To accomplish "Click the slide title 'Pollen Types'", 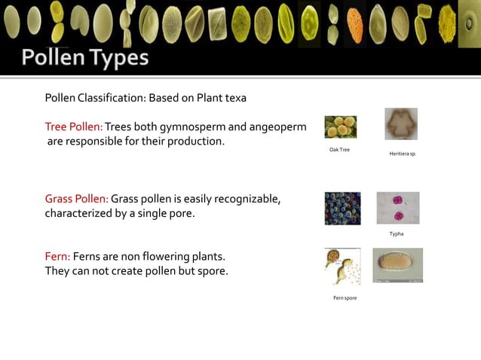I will pos(84,58).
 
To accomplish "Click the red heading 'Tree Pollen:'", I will pos(74,127).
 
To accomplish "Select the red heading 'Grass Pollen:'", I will pos(77,199).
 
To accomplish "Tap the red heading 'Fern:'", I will pos(57,256).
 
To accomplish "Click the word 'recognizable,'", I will pos(248,199).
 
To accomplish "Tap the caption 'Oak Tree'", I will pos(339,150).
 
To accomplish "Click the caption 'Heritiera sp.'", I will pos(403,153).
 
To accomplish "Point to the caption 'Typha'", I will pos(396,234).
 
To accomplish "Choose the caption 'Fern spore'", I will pos(345,298).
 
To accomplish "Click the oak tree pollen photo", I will pos(341,127).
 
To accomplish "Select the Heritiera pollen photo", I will pos(400,124).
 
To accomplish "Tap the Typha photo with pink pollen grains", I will pos(397,208).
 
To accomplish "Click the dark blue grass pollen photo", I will pos(342,208).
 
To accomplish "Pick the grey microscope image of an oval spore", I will pos(397,265).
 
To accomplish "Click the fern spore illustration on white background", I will pos(342,267).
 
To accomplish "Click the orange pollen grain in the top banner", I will pos(354,23).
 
